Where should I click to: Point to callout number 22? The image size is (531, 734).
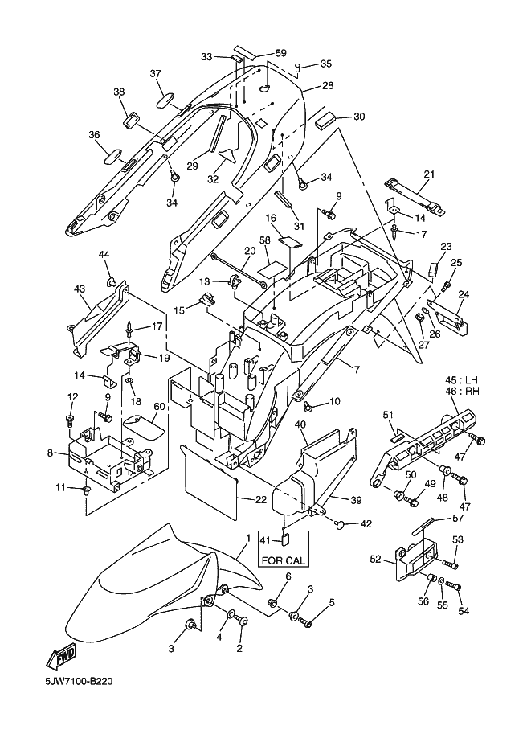pos(260,500)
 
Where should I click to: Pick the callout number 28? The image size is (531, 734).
pos(328,86)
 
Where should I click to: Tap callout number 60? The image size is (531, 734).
pos(159,406)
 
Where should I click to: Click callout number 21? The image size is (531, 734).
pos(428,174)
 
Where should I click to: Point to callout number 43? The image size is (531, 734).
pos(80,289)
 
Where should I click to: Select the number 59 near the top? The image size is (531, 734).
pos(280,53)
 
